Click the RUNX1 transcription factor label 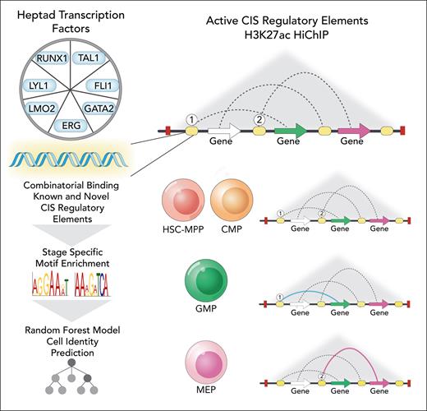point(53,60)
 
